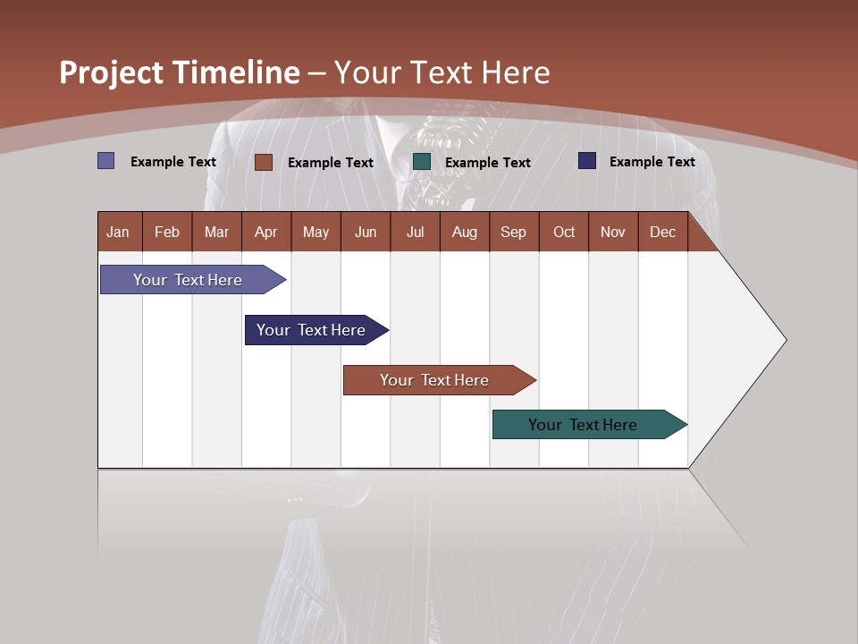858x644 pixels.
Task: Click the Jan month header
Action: tap(118, 232)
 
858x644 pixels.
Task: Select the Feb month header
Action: tap(167, 232)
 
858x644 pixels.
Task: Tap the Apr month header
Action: tap(265, 232)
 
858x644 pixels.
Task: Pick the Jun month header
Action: tap(366, 232)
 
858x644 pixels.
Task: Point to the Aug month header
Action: tap(464, 232)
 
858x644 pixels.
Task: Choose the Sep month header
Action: tap(513, 232)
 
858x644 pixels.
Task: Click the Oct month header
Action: tap(564, 232)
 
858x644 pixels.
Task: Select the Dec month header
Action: tap(662, 232)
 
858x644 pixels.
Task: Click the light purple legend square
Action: tap(105, 161)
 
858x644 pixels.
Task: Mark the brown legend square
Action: tap(263, 162)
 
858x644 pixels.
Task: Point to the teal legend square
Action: tap(422, 161)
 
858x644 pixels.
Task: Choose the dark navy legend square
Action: tap(587, 161)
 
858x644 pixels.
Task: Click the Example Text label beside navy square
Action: tap(652, 162)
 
